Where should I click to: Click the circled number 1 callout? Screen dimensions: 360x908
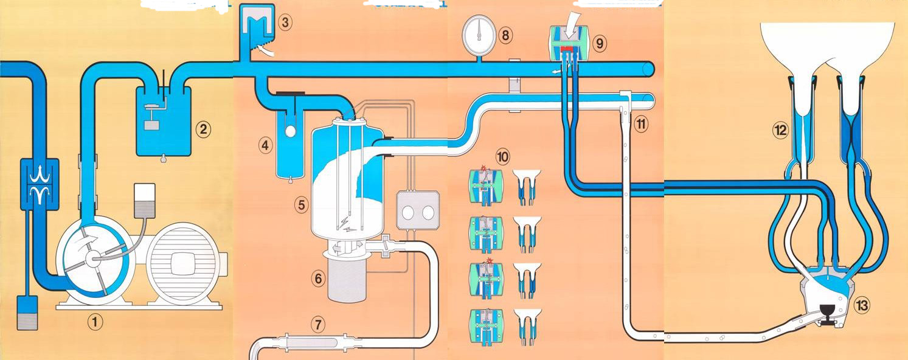(x=95, y=320)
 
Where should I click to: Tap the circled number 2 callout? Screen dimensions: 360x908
(x=203, y=129)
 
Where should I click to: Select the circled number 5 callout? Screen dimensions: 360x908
(x=300, y=205)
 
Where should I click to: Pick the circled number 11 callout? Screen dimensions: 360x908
(x=640, y=125)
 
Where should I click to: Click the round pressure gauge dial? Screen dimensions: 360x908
(x=477, y=31)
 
